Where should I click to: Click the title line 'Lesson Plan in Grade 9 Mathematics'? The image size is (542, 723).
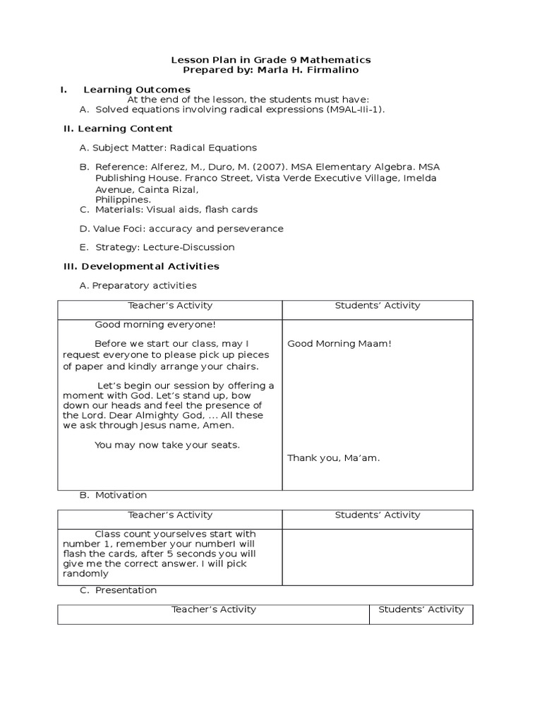(272, 60)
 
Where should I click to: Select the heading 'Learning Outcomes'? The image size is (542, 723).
(137, 90)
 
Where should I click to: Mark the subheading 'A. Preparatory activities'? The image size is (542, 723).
(138, 286)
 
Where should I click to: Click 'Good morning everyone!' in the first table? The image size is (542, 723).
(155, 325)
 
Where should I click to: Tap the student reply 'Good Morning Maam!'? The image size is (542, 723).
(339, 344)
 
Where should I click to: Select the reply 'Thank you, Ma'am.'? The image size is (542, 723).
(333, 458)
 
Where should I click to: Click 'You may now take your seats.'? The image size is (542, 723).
(167, 445)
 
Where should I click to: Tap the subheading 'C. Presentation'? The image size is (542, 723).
(118, 590)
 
